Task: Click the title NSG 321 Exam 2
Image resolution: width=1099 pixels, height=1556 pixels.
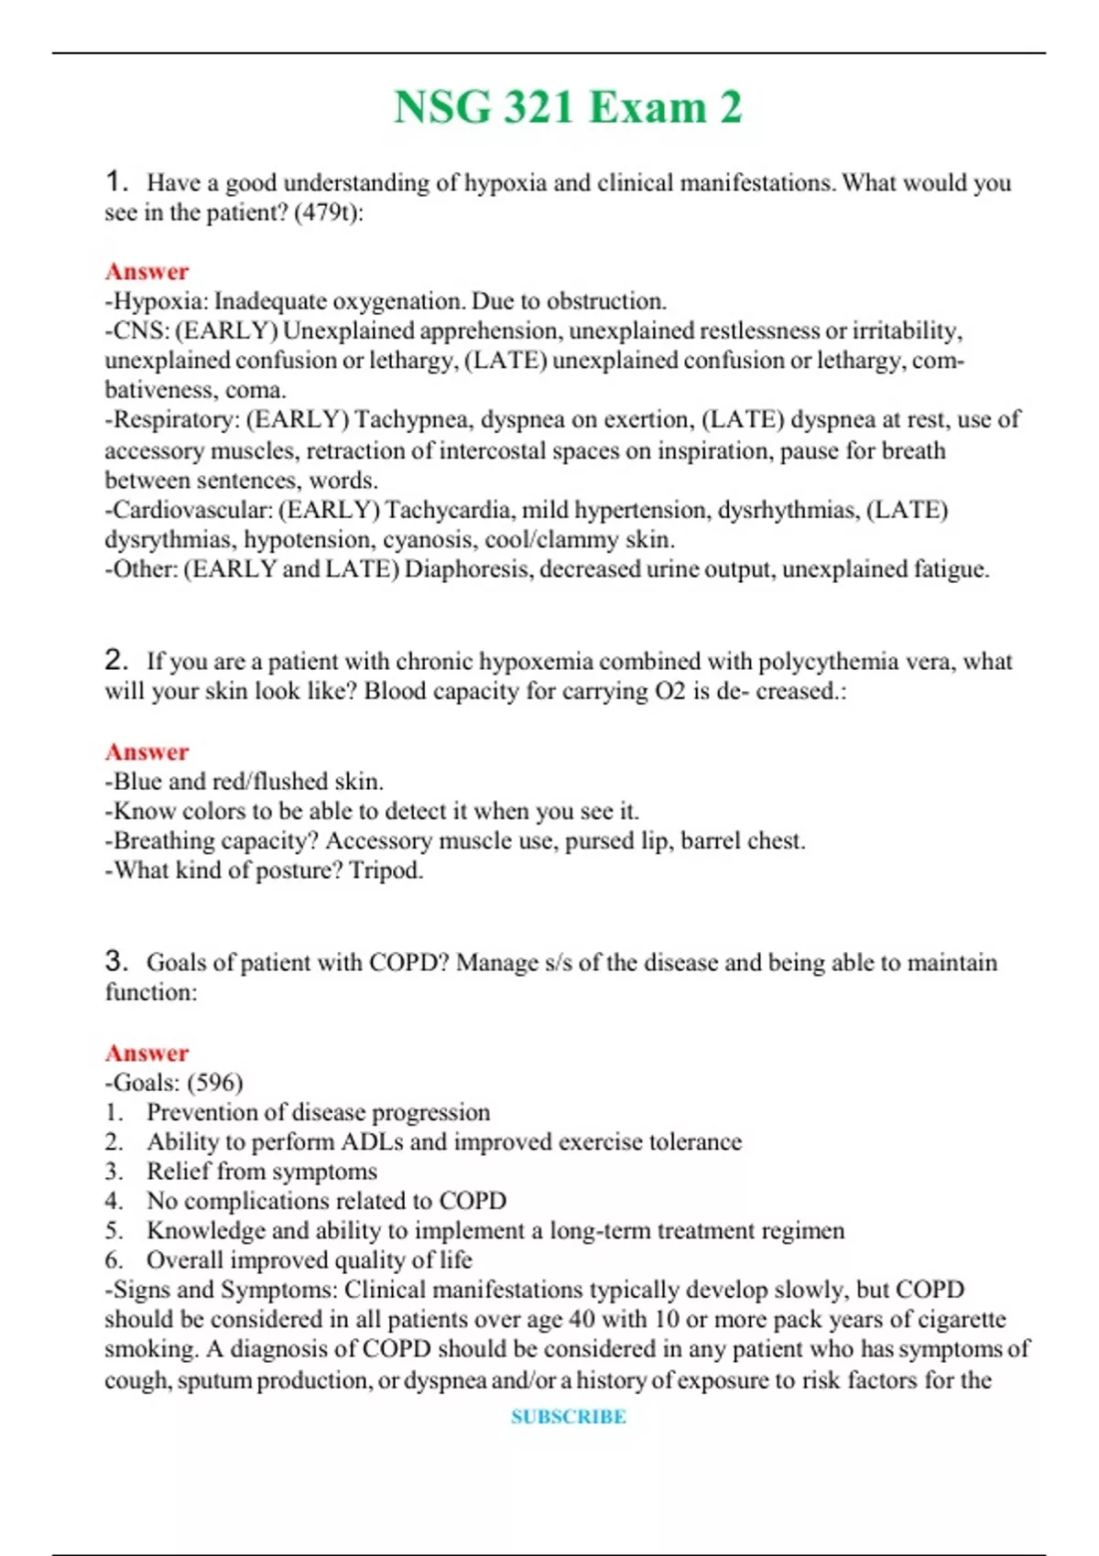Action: coord(567,108)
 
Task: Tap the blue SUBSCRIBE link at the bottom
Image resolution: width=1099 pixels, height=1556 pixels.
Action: coord(568,1416)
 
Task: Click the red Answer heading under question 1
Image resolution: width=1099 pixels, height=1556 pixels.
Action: coord(147,272)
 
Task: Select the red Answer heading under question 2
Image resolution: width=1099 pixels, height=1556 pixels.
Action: coord(147,752)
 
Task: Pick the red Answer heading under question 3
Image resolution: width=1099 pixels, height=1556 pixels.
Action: coord(147,1054)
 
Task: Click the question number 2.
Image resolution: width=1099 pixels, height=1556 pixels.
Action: coord(115,660)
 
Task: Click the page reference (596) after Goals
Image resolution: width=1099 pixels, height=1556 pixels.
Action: coord(215,1083)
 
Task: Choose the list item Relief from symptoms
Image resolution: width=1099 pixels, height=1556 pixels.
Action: coord(261,1172)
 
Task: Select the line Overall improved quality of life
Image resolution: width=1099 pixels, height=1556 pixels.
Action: coord(309,1260)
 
